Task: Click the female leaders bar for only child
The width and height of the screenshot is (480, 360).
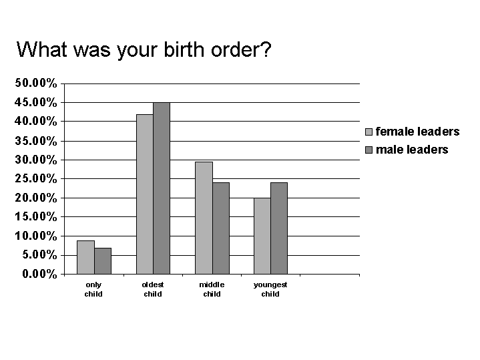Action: coord(85,257)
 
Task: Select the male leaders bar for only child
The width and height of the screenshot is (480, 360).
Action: coord(103,261)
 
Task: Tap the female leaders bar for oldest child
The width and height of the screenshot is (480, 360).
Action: coord(145,194)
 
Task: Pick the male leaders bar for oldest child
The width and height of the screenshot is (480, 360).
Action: coord(162,188)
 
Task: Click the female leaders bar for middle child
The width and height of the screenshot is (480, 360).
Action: coord(204,218)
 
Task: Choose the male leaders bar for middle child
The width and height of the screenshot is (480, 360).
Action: coord(221,228)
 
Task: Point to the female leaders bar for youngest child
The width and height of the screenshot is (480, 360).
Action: coord(262,236)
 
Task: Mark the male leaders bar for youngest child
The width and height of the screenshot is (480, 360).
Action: coord(279,228)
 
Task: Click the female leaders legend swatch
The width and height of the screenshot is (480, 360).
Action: coord(369,132)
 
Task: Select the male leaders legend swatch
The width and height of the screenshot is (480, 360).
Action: coord(369,150)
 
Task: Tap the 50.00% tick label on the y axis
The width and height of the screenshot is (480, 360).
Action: coord(36,83)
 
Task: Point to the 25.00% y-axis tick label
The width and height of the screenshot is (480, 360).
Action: coord(36,178)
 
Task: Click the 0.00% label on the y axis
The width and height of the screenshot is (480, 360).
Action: coord(39,274)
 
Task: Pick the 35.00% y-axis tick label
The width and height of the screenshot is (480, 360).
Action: coord(36,141)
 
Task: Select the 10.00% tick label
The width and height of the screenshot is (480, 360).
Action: coord(36,236)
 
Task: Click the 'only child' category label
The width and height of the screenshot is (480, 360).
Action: coord(93,289)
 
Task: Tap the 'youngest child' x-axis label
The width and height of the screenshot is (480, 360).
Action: coord(270,289)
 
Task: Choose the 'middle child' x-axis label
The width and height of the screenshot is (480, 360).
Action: coord(212,289)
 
